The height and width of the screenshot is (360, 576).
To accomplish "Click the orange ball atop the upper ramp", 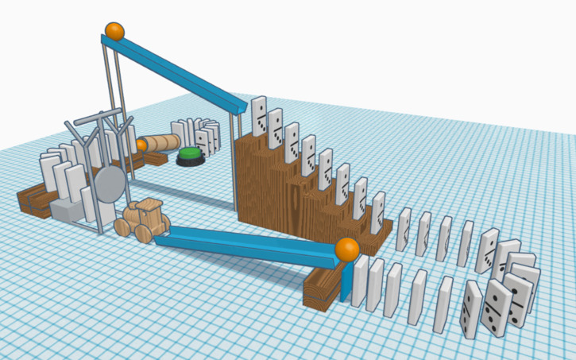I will coord(115,32).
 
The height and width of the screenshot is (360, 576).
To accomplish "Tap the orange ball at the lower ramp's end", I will coord(346,249).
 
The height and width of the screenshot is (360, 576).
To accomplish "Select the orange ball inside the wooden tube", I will coord(142,145).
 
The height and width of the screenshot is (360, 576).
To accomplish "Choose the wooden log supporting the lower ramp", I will coord(323,288).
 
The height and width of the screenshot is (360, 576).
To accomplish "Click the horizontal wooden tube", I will coord(163,143).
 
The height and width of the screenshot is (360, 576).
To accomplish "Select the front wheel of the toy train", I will coord(145,233).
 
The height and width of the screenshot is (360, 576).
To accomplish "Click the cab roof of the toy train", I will coord(151,205).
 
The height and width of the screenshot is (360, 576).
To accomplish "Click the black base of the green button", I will coord(191,162).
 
